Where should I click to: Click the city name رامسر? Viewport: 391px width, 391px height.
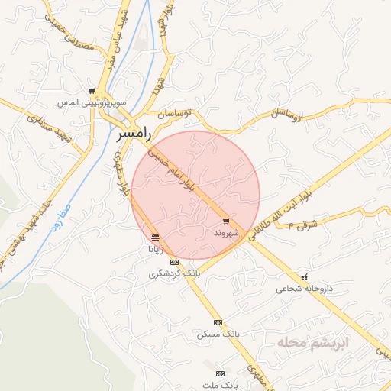(134, 134)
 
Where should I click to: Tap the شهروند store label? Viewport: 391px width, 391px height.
(226, 231)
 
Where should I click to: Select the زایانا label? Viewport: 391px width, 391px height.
(155, 249)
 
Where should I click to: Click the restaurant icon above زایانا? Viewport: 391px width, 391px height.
(156, 238)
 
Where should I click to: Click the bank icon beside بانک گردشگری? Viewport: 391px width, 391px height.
(173, 262)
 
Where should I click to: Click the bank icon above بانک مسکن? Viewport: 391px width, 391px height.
(218, 323)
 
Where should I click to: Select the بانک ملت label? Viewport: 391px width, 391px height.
(221, 385)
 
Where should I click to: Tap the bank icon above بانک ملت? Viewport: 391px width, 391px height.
(221, 374)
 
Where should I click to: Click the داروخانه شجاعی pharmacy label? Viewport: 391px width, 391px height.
(305, 289)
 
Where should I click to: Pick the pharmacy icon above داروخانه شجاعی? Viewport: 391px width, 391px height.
(304, 278)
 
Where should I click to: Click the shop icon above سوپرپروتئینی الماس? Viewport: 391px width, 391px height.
(92, 91)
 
